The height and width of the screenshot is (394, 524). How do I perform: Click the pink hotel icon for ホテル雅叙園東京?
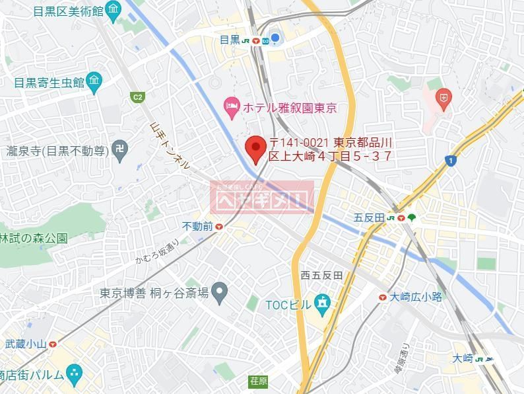pos(231,105)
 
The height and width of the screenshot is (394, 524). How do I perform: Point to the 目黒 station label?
pos(230,40)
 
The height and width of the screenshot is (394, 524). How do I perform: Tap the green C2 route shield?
pos(137,98)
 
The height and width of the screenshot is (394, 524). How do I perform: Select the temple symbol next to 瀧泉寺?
pos(119,151)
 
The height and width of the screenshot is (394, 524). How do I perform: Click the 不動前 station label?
pos(197,227)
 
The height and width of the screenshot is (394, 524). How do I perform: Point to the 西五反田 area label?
pos(321,276)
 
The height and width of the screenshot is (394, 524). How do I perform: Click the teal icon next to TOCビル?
pos(321,305)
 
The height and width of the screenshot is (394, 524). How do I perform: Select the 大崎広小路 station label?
pos(415,297)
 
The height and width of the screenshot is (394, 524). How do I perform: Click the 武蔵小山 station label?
pos(26,343)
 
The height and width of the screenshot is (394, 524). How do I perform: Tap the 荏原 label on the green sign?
pos(258,381)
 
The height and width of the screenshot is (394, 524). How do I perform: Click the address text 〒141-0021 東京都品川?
pos(331,142)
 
